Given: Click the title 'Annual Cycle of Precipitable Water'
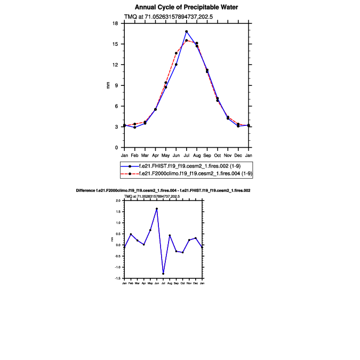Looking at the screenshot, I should coord(186,7).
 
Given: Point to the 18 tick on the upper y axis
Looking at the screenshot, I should coord(115,23).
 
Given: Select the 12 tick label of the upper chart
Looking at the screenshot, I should coord(115,65).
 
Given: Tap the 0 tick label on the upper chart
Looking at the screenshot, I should coord(117,148).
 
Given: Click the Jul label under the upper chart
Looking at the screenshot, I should coord(187,155).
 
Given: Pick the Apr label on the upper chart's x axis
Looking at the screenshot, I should coord(155,155).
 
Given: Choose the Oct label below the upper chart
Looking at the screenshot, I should coord(218,155).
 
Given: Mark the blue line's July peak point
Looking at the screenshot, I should coord(187,31).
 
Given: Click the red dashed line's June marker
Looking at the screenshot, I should coord(176,53).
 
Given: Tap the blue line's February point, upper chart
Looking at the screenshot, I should coord(135,127).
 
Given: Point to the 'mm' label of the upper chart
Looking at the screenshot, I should coord(109,85).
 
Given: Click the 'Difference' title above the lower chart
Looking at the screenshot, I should coord(163,190).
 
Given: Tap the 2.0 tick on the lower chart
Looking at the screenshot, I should coord(118,201).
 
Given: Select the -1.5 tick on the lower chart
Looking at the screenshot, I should coord(118,278).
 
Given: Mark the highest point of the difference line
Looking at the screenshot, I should coord(157,209).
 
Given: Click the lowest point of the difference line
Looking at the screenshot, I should coord(163,274).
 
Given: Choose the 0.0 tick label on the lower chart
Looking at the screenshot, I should coord(118,245).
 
